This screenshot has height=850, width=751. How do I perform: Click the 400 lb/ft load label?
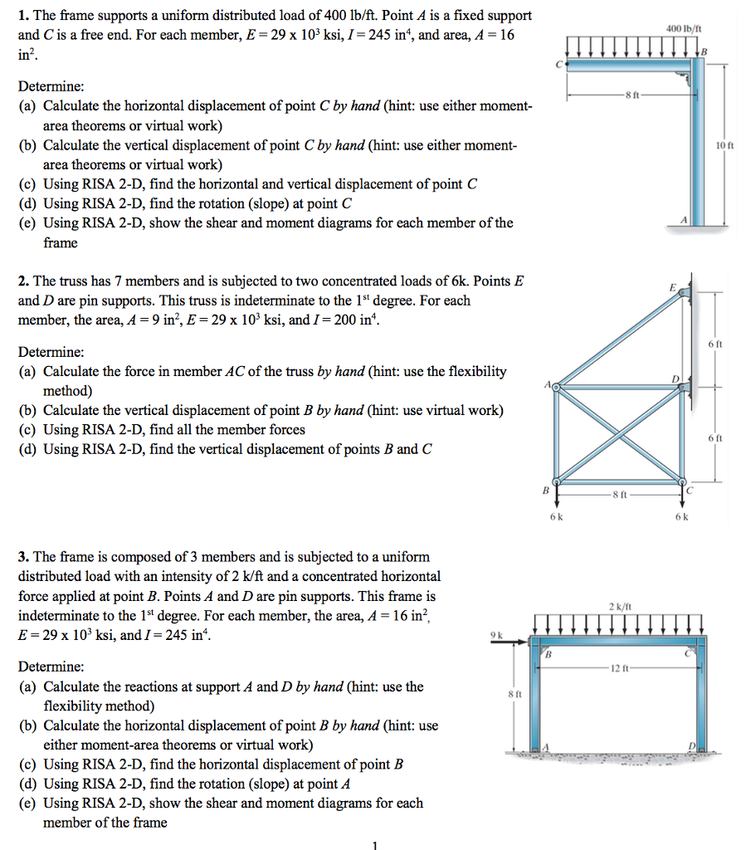point(685,27)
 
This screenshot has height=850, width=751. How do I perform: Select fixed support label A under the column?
point(684,218)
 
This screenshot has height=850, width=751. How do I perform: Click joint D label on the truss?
point(676,379)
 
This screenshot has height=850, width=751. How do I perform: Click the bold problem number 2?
point(23,281)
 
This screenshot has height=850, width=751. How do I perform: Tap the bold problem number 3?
point(23,557)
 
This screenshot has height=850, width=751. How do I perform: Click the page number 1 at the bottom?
point(374,844)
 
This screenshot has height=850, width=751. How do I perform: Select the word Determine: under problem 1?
point(51,86)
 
